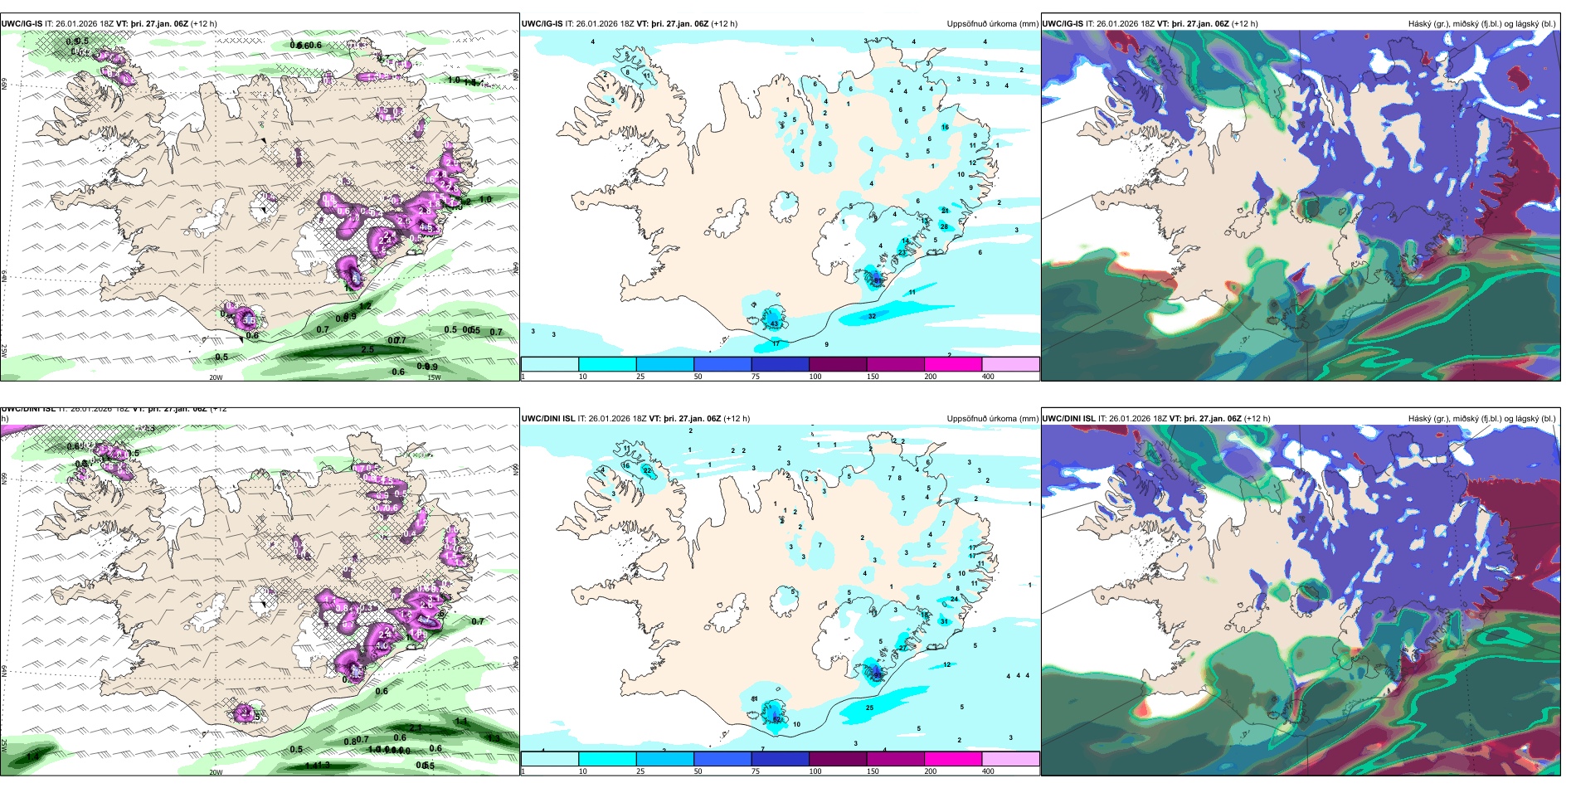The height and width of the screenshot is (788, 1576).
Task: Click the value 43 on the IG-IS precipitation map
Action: coord(774,323)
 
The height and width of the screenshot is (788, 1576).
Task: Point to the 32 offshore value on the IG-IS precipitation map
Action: coord(872,316)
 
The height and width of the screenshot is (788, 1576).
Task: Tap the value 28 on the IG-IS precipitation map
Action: coord(943,226)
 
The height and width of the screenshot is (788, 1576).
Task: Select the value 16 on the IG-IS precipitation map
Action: coord(945,127)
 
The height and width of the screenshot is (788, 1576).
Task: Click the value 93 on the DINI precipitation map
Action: coord(878,675)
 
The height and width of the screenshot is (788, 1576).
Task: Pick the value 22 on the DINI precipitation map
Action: coord(647,470)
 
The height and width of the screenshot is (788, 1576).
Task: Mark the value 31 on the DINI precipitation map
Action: coord(944,621)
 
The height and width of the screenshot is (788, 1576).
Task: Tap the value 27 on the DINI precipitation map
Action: coord(902,648)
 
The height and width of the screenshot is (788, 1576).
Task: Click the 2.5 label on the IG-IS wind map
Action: coord(367,349)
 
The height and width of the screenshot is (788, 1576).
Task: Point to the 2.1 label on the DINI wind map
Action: coord(416,727)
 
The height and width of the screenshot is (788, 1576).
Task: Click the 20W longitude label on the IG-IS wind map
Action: coord(216,377)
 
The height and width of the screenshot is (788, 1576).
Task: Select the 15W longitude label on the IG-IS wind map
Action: coord(434,377)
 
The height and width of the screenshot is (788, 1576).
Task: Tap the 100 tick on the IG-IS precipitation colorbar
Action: coord(815,377)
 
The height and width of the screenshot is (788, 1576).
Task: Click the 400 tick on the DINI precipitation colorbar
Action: coord(988,771)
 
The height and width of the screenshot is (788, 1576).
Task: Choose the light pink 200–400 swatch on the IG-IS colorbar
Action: coord(1010,364)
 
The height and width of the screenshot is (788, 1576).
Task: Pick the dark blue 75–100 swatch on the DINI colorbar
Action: coord(780,758)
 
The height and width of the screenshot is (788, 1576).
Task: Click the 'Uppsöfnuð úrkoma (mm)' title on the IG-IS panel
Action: coord(992,24)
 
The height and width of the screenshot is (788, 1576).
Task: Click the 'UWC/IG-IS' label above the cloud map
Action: coord(1063,24)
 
